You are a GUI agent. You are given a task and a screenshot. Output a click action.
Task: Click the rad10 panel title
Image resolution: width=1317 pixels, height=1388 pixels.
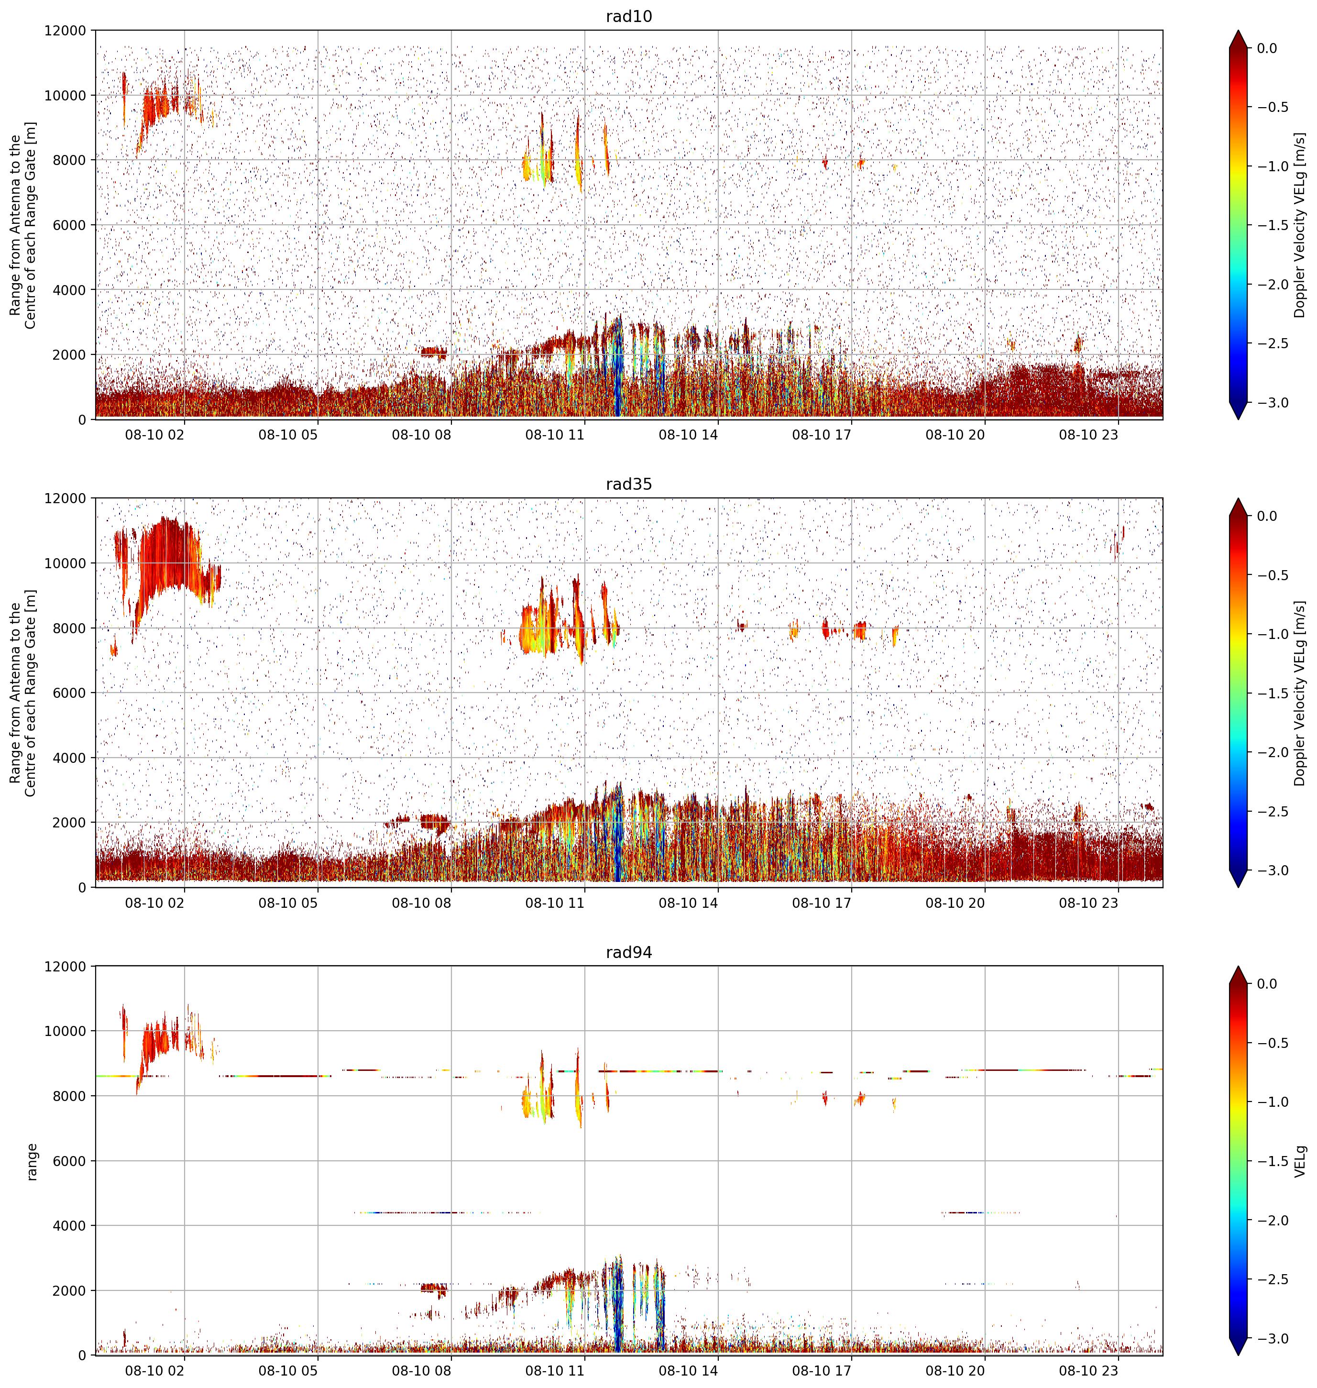[x=628, y=16]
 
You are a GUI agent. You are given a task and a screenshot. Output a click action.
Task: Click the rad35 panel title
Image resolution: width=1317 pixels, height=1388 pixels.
[x=628, y=484]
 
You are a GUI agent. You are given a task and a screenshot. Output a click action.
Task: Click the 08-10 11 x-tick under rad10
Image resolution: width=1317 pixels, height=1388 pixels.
[x=555, y=435]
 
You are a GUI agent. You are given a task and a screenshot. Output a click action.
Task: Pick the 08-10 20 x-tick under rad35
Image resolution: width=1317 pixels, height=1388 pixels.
[x=955, y=903]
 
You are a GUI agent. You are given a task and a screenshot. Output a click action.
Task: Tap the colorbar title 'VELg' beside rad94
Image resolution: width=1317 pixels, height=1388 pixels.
[x=1300, y=1161]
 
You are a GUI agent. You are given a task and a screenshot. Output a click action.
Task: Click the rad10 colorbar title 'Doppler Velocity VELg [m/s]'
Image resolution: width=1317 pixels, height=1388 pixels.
[x=1300, y=225]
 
